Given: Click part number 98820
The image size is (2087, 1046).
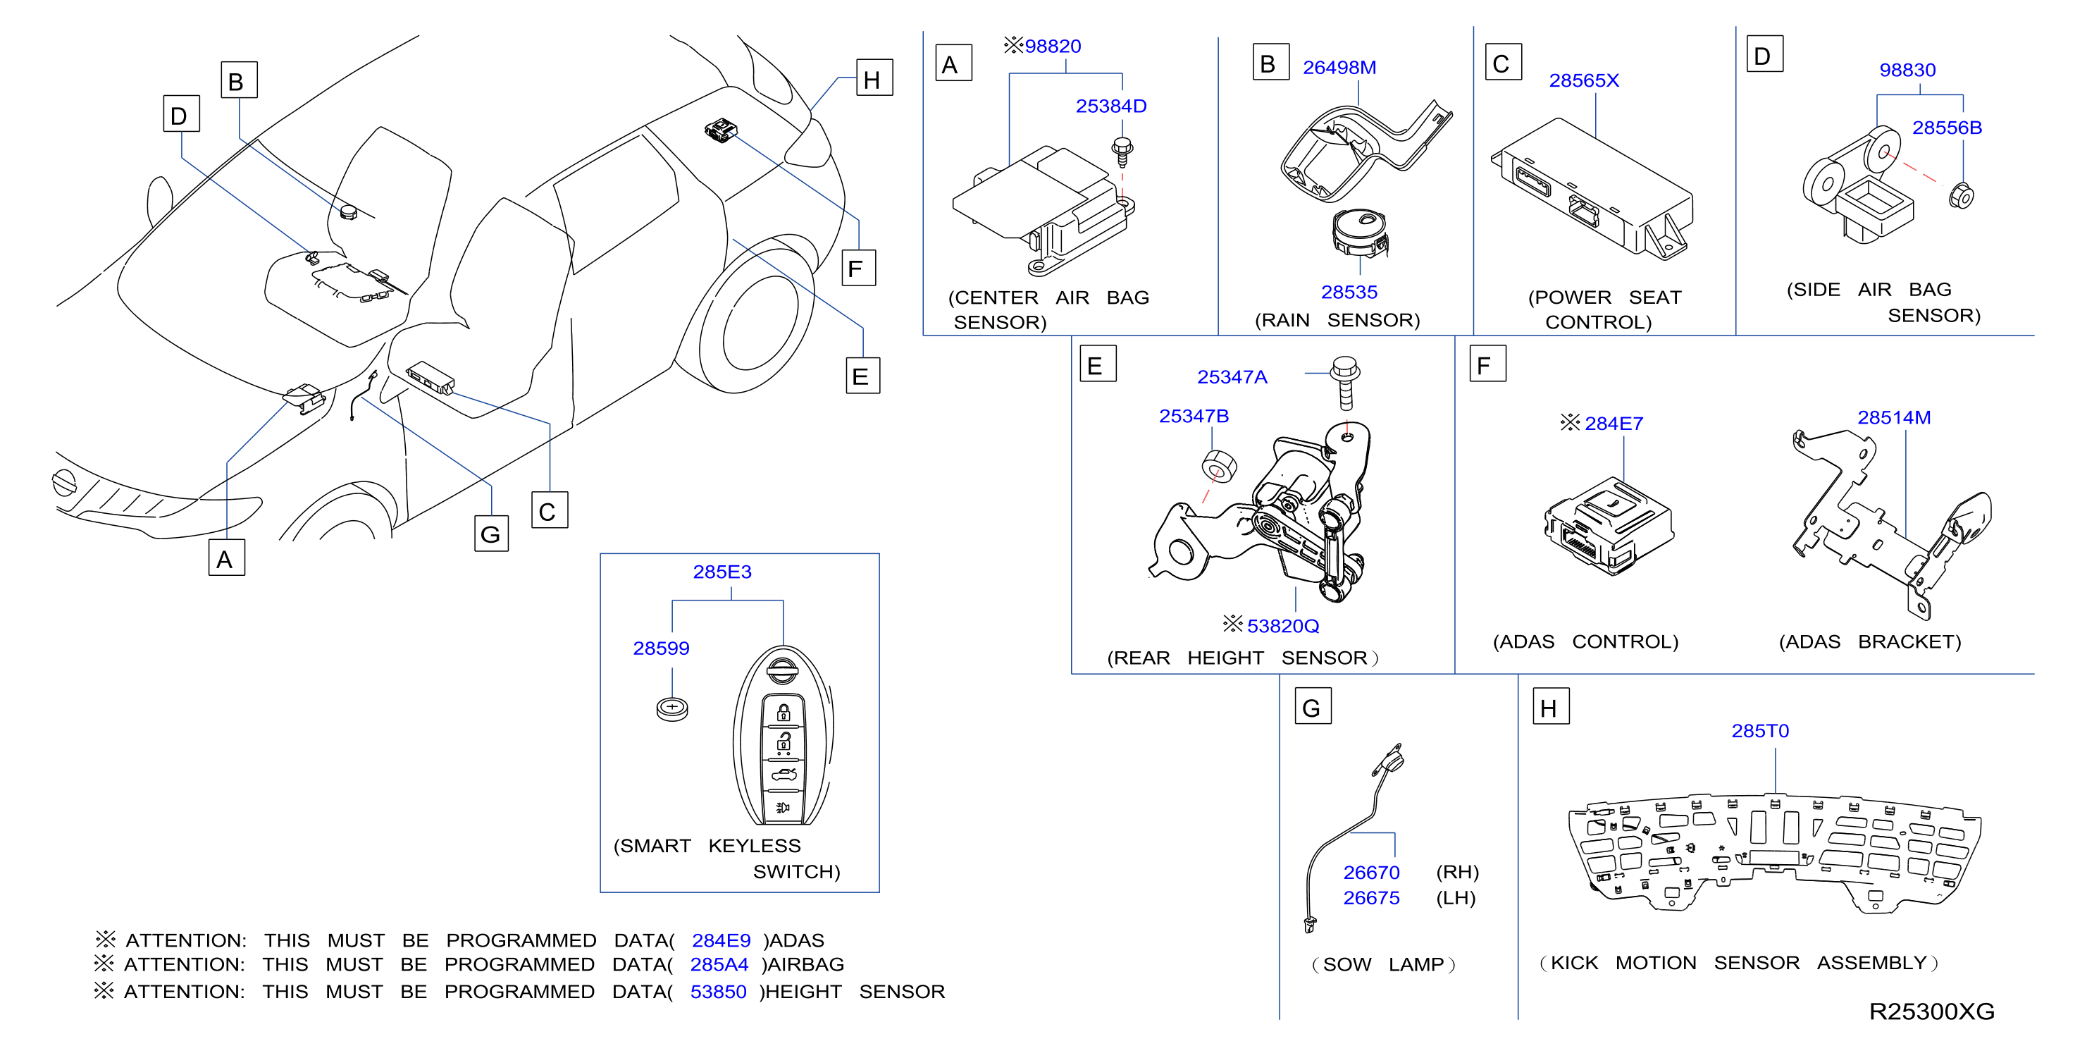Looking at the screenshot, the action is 1053,47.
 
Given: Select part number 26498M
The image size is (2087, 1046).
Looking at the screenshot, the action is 1339,67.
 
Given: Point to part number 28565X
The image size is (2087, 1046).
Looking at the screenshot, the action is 1584,80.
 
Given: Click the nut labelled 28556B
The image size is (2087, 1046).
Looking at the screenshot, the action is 1962,195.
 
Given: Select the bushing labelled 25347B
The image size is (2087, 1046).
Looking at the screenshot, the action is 1218,467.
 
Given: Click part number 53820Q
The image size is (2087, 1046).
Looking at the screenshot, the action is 1282,625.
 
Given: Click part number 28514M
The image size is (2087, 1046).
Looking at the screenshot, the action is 1893,417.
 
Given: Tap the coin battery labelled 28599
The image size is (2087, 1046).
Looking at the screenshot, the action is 671,709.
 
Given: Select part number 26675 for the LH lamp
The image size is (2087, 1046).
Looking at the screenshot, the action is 1371,898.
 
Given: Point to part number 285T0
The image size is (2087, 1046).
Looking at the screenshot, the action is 1759,731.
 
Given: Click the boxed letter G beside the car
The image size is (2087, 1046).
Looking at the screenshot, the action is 491,534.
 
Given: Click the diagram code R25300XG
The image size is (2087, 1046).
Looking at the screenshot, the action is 1931,1011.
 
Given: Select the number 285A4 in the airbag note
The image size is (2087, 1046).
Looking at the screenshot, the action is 719,964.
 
